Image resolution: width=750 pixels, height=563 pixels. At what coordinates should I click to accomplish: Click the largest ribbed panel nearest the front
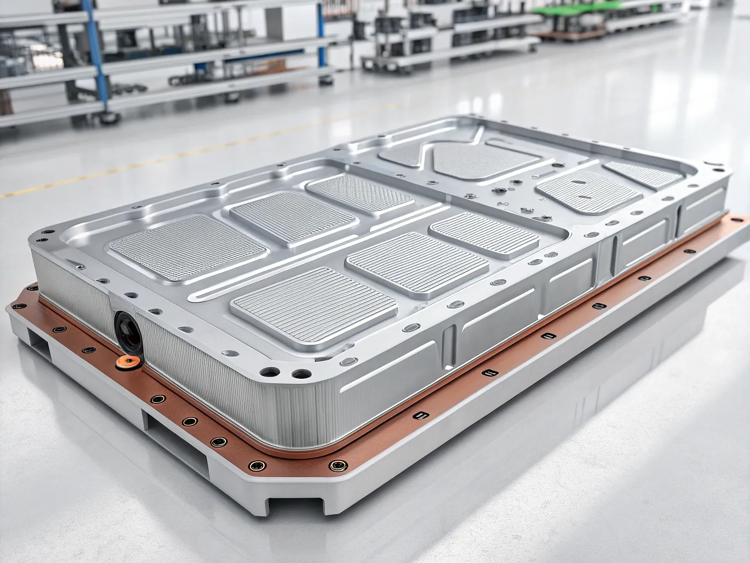pos(314,300)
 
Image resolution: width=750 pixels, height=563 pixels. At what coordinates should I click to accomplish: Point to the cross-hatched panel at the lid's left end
pos(186,247)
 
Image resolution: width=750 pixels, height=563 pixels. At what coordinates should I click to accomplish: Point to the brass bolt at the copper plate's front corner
pos(336,465)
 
